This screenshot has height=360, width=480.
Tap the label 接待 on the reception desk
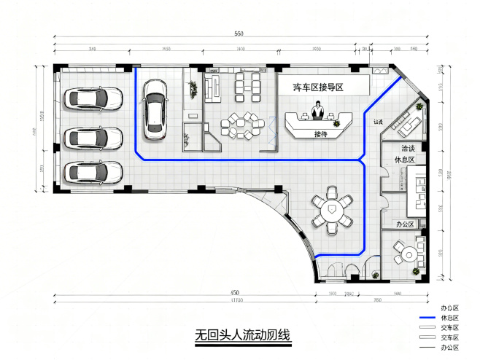coord(320,134)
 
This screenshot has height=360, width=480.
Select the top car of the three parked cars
coord(93,98)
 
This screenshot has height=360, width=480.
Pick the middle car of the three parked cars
coord(93,136)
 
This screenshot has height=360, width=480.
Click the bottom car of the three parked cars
coord(93,173)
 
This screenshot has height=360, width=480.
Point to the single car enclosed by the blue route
coord(155,108)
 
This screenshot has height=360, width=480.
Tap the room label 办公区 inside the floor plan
coord(405,224)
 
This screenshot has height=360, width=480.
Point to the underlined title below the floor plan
coord(242,336)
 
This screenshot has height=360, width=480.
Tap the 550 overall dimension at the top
coord(239,35)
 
